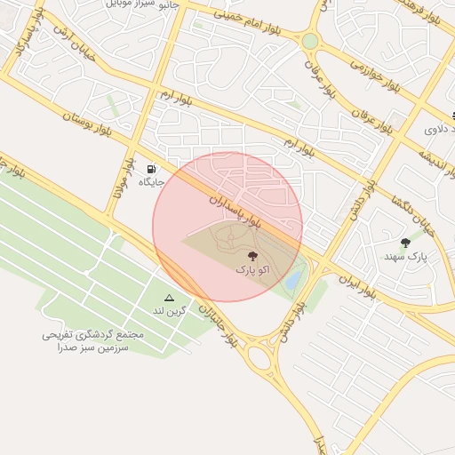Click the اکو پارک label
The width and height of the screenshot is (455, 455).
(x=250, y=267)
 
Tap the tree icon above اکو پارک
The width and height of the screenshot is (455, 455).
(x=248, y=255)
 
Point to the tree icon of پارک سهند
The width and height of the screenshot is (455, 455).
(x=406, y=243)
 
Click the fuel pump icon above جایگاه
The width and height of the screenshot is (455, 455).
(x=152, y=169)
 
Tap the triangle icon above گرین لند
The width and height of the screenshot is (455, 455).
(x=169, y=298)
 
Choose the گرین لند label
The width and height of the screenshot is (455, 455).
(x=169, y=310)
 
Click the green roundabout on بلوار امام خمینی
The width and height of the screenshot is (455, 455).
(x=309, y=41)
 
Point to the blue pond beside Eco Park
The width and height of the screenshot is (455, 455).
(x=293, y=279)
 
